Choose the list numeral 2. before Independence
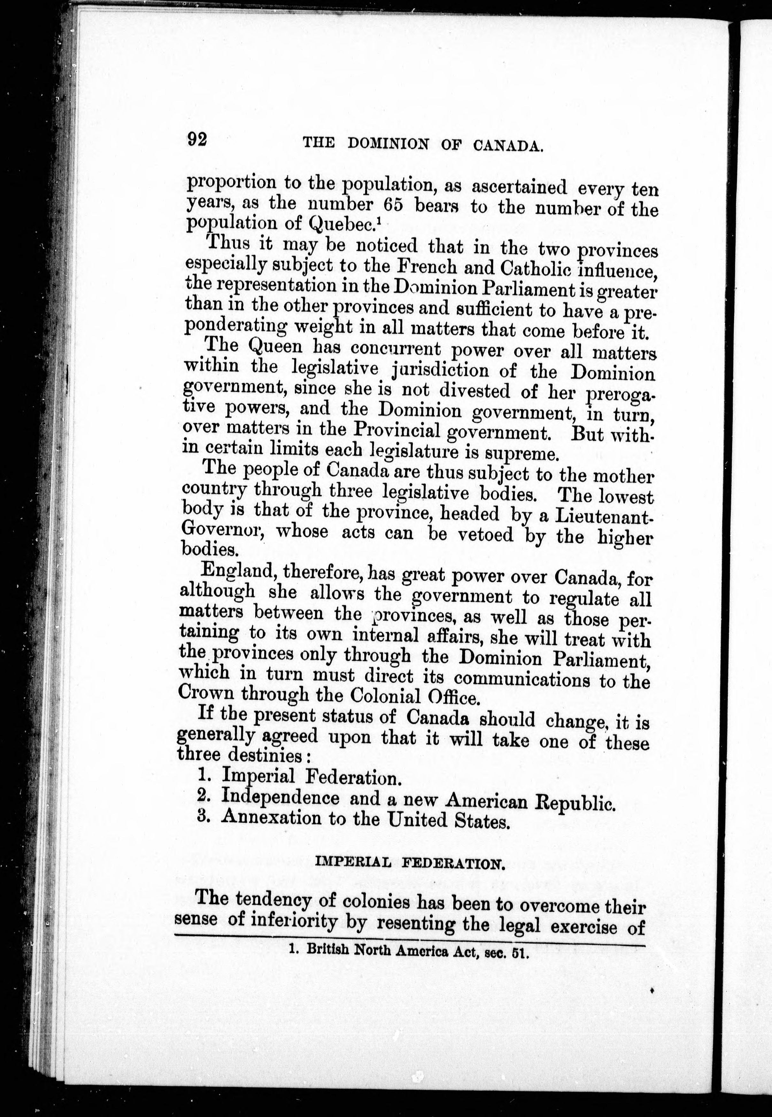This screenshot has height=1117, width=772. point(203,795)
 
